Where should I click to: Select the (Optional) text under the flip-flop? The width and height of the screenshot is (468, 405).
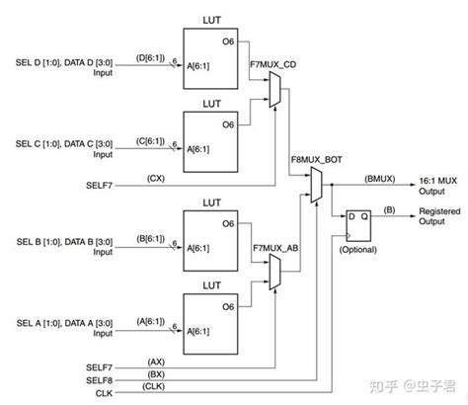pos(357,251)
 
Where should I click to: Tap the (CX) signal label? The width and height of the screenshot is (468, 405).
pos(155,177)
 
